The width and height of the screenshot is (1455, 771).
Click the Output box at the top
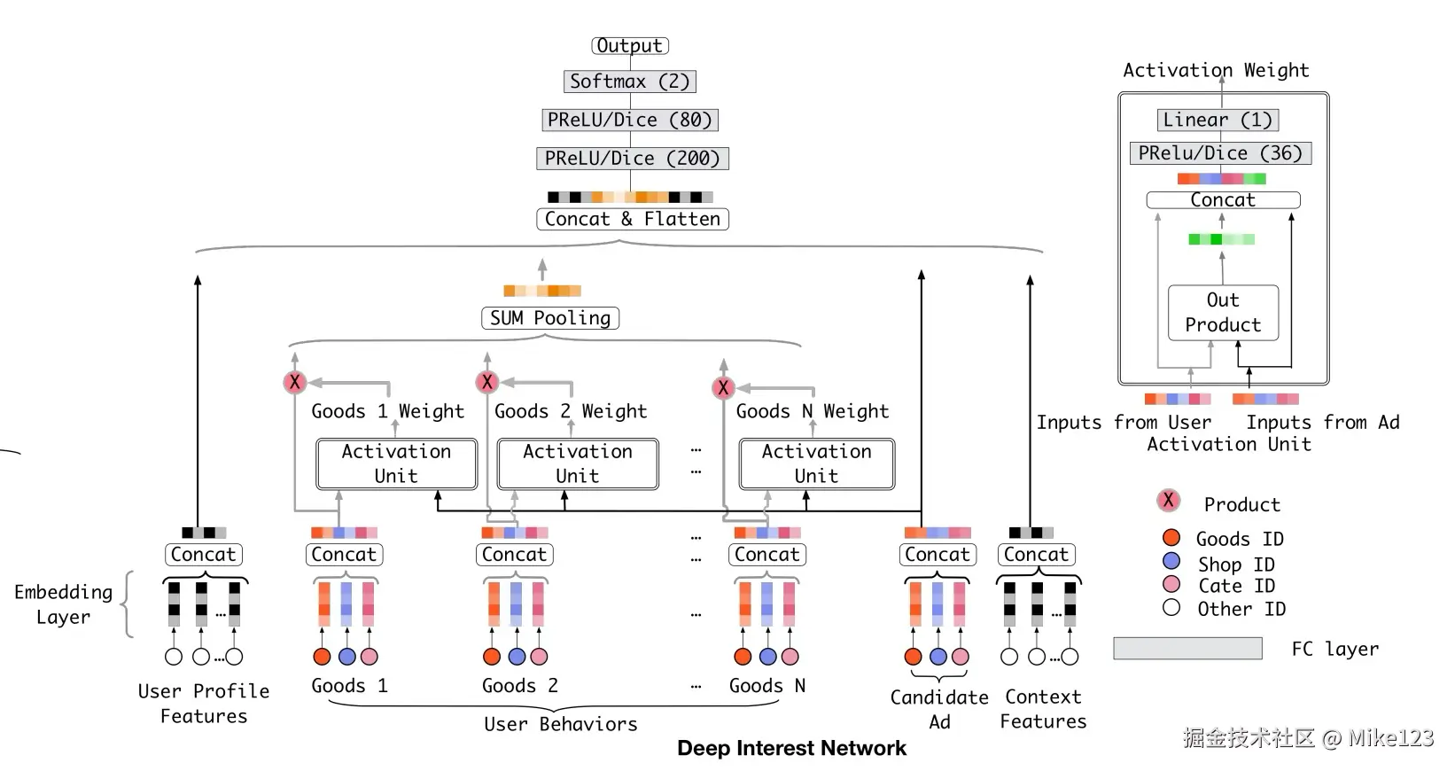pos(629,46)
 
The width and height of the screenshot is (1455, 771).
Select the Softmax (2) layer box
pos(629,82)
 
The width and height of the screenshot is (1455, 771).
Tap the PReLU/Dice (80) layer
pos(629,120)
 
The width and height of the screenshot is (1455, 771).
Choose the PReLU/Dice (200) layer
pos(632,159)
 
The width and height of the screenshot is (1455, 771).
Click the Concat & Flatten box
pos(632,219)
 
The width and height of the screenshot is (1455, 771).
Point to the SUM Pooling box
pos(549,318)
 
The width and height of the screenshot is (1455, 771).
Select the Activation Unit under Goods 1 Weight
pos(396,463)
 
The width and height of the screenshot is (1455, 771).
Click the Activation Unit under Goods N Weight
pos(816,463)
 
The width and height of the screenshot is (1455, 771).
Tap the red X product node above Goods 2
pos(486,382)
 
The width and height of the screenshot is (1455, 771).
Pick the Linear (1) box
pos(1217,120)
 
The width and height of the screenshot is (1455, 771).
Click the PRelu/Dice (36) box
pos(1219,153)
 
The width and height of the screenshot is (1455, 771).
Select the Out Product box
pos(1223,313)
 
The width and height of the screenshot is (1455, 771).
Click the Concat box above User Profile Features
pos(203,555)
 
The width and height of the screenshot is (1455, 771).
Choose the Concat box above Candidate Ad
pos(937,555)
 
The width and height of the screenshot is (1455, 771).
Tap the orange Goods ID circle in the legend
pos(1171,538)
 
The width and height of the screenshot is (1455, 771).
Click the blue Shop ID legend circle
pos(1171,561)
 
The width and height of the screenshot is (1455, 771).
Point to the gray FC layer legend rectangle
pos(1187,649)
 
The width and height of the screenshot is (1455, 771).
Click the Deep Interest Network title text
pos(791,749)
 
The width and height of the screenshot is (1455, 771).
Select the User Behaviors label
pos(560,725)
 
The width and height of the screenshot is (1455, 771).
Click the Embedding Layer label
pos(64,604)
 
